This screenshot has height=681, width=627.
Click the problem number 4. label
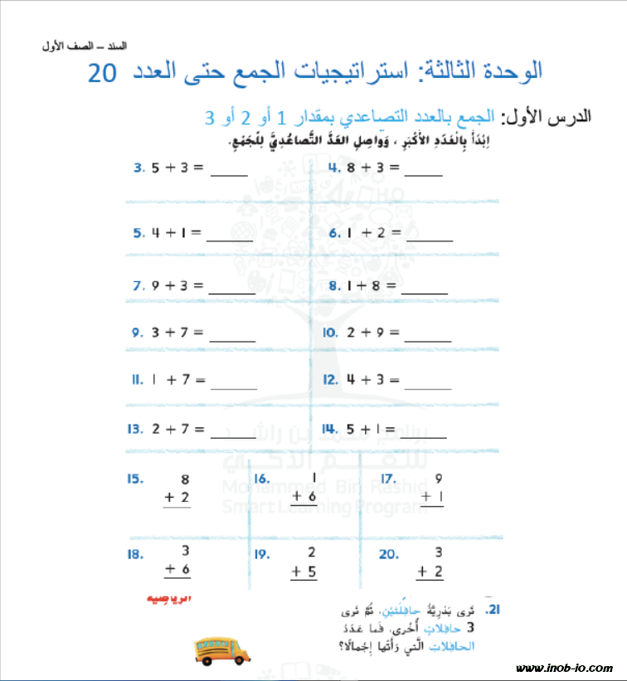click(334, 167)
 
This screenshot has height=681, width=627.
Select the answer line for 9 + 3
click(231, 291)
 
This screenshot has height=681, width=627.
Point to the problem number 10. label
click(329, 333)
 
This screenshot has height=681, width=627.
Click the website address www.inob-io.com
click(564, 668)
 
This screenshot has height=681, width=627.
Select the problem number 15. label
click(135, 479)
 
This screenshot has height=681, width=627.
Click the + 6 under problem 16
click(304, 496)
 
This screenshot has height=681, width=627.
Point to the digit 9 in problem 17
click(438, 478)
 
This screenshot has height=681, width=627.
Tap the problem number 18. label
click(135, 555)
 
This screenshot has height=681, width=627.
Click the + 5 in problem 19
click(304, 571)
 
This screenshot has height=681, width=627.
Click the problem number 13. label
click(135, 430)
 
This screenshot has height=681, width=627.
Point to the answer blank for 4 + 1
click(230, 239)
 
